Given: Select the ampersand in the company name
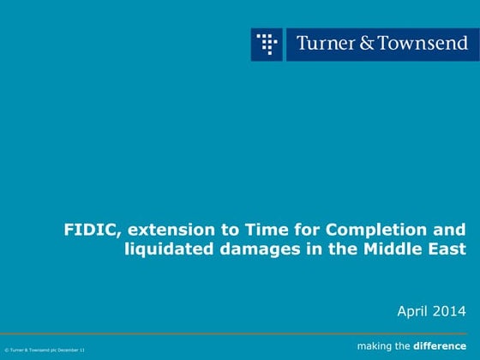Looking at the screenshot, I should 365,43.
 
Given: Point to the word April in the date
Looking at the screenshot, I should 413,309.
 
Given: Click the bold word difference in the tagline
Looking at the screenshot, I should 441,346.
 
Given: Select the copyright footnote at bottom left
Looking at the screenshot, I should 45,350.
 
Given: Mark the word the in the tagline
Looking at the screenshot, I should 403,346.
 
